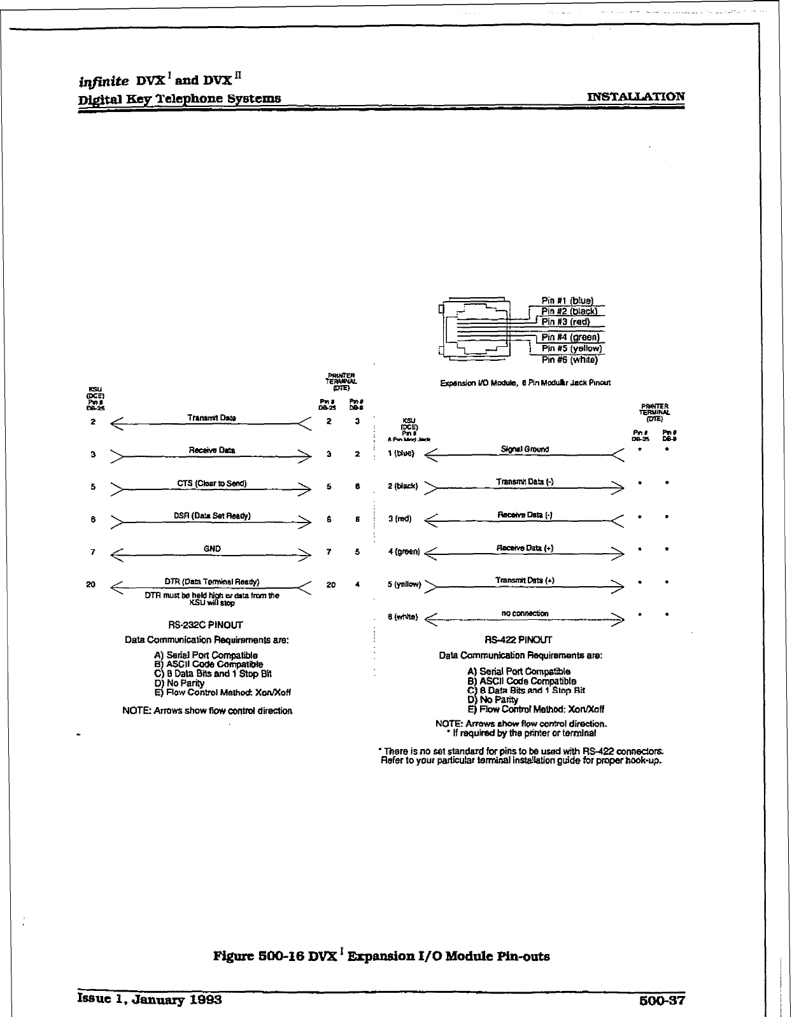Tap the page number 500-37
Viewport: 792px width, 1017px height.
click(x=661, y=999)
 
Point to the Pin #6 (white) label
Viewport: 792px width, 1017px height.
click(x=569, y=360)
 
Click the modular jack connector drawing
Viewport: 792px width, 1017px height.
click(x=477, y=330)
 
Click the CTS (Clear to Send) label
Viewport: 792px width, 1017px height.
click(x=211, y=483)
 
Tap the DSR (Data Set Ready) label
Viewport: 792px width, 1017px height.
click(x=211, y=516)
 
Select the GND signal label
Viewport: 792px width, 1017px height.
click(x=213, y=549)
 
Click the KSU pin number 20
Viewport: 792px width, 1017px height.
click(x=91, y=584)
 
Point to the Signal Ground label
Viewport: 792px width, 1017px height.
click(x=525, y=449)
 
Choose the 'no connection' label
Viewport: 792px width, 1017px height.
click(x=525, y=614)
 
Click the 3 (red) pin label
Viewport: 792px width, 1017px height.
click(x=400, y=519)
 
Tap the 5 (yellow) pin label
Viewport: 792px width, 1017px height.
click(x=404, y=584)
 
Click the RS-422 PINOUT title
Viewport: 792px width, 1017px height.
click(x=518, y=640)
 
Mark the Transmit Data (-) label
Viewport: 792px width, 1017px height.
click(x=525, y=482)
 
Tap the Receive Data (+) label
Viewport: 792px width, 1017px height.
click(x=525, y=548)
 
